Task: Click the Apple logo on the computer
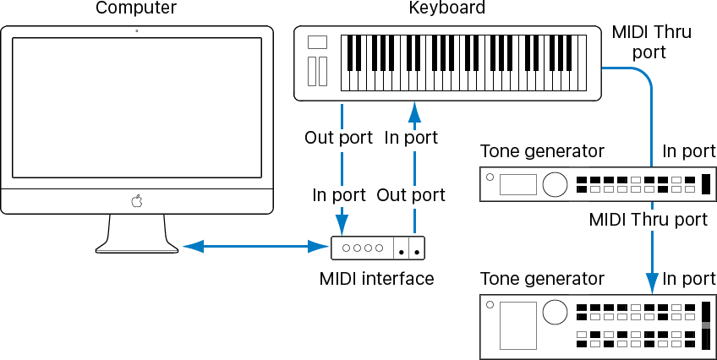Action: tap(136, 201)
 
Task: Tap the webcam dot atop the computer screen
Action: tap(137, 31)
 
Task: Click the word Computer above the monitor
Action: tap(136, 9)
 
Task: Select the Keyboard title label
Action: tap(446, 9)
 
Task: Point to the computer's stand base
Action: tap(137, 246)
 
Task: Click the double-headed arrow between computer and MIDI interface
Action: tap(255, 247)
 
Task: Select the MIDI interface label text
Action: tap(376, 278)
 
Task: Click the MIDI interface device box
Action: tap(377, 248)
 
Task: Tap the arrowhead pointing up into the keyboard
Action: tap(413, 112)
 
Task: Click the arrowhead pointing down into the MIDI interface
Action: tap(342, 225)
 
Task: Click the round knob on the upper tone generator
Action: tap(555, 183)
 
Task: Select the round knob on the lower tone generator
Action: tap(555, 313)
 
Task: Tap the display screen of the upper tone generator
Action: tap(517, 184)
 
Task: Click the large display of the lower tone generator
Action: tap(517, 325)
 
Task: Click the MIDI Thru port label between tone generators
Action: tap(648, 220)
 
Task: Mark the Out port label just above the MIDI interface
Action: tap(411, 195)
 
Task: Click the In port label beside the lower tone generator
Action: tap(688, 278)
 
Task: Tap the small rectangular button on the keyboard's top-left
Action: tap(317, 42)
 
